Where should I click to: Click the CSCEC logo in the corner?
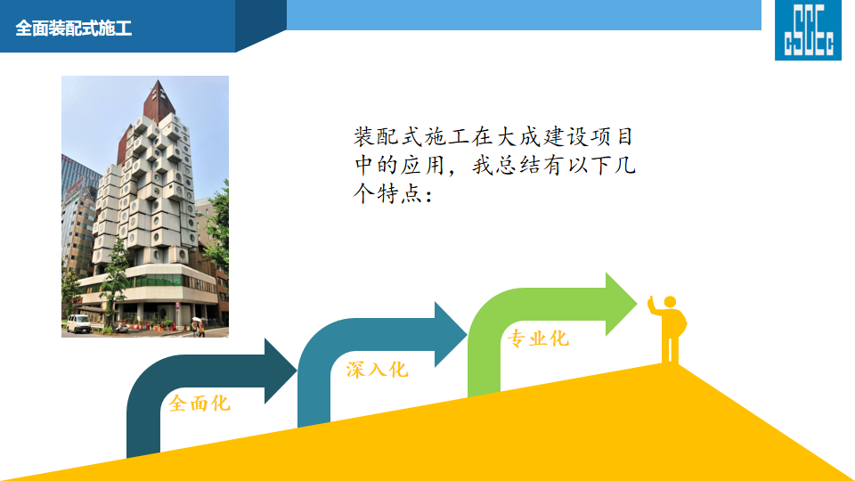click(x=808, y=29)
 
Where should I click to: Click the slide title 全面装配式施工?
click(x=74, y=29)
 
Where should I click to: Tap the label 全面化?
click(x=199, y=404)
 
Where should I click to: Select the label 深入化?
click(x=377, y=370)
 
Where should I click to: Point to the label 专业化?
click(x=538, y=338)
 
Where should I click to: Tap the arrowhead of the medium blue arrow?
click(x=451, y=334)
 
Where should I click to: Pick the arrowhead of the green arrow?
click(x=621, y=304)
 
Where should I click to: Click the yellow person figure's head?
click(x=670, y=302)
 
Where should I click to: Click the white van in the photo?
click(x=78, y=323)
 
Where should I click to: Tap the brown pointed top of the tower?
click(x=159, y=101)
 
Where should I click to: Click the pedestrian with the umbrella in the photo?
click(x=197, y=326)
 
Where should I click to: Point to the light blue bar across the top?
click(x=524, y=15)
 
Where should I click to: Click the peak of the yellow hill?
click(x=675, y=364)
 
